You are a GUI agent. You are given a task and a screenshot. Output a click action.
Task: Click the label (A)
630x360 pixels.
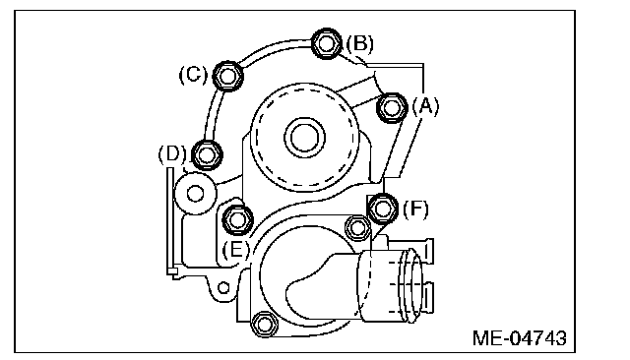[426, 107]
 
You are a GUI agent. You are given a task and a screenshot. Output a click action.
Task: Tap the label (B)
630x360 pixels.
[359, 43]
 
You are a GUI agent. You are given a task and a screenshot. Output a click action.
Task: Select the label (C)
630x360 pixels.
[193, 75]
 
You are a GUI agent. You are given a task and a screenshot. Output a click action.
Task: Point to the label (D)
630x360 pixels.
[172, 154]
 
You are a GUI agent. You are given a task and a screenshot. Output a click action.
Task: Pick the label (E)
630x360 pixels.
[236, 249]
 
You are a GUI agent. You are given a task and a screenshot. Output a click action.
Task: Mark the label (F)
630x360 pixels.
[415, 210]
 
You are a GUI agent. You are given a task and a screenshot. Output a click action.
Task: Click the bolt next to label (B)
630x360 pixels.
[326, 43]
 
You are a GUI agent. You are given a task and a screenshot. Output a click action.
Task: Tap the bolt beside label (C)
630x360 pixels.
[227, 76]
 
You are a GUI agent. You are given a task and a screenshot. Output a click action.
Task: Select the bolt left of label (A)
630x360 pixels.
[392, 107]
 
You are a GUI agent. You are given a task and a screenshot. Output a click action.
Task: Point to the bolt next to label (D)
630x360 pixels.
[207, 154]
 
